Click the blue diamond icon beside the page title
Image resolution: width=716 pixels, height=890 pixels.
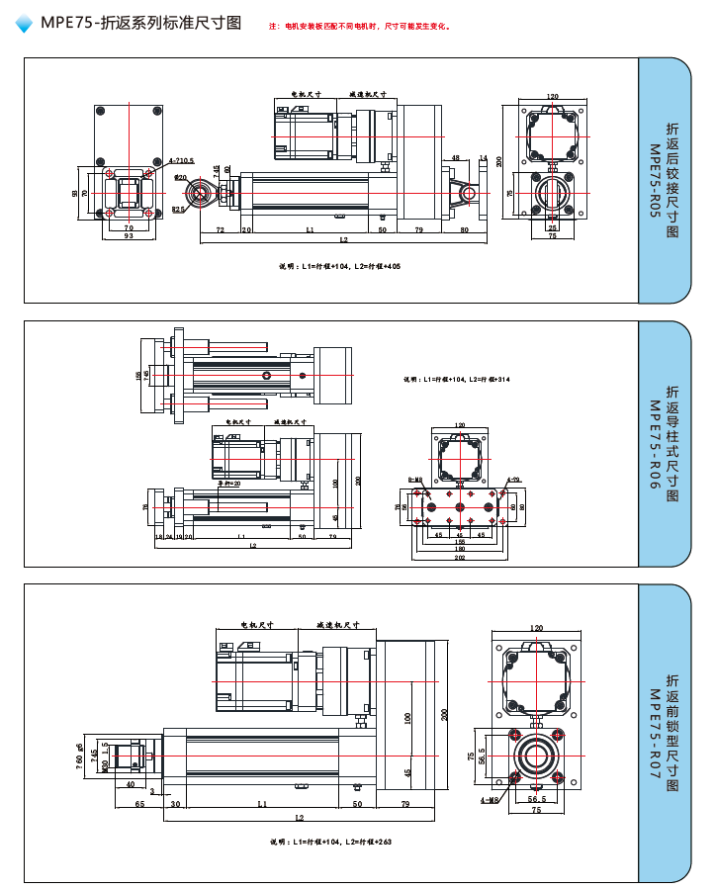coord(26,25)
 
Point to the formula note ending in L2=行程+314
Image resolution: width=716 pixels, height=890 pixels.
coord(457,380)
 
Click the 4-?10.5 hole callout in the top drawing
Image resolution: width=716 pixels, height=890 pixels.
coord(181,159)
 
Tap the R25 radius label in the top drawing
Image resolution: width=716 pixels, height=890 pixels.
coord(178,210)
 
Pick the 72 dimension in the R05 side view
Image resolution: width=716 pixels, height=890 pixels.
coord(220,230)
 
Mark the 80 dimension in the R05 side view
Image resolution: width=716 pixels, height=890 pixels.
coord(465,230)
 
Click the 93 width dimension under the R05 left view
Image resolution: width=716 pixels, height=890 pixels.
coord(130,236)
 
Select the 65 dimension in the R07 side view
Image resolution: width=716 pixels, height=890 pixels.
coord(139,805)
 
